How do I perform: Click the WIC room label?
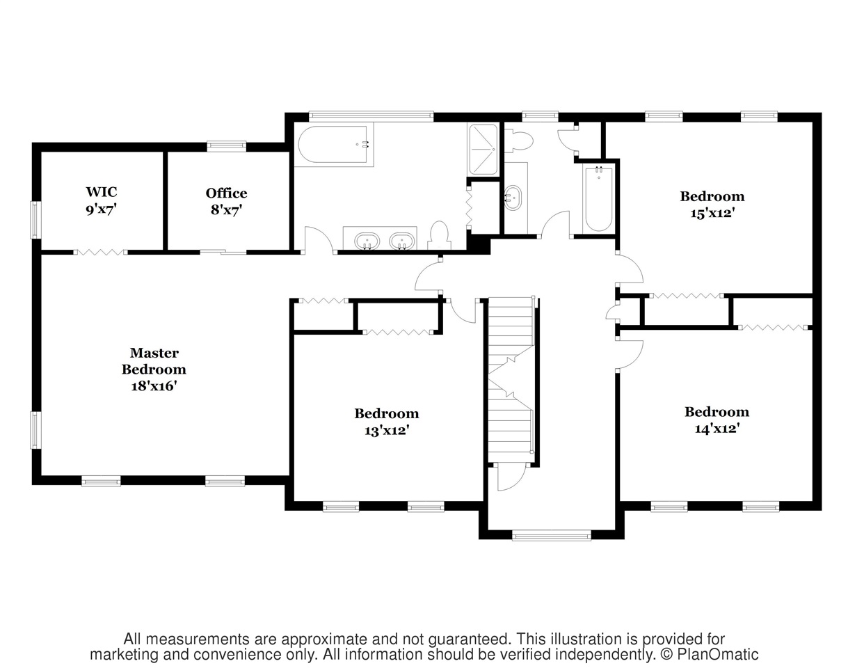coord(102,192)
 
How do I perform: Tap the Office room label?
coord(227,193)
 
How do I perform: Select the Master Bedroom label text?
coord(154,361)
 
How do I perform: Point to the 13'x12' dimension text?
coord(387,430)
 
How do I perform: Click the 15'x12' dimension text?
coord(712,213)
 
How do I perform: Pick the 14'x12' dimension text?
coord(717,429)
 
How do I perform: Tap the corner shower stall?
coord(483,149)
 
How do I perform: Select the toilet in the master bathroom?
coord(440,236)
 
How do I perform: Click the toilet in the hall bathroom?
coord(519,141)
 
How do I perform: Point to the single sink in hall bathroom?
coord(513,198)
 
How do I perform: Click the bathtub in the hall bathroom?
coord(598,199)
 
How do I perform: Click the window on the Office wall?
coord(227,146)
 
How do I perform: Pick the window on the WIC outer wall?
coord(36,220)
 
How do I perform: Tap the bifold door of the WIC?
coord(100,252)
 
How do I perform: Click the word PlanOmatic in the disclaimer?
coord(718,655)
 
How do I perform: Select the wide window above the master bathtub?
coord(371,116)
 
